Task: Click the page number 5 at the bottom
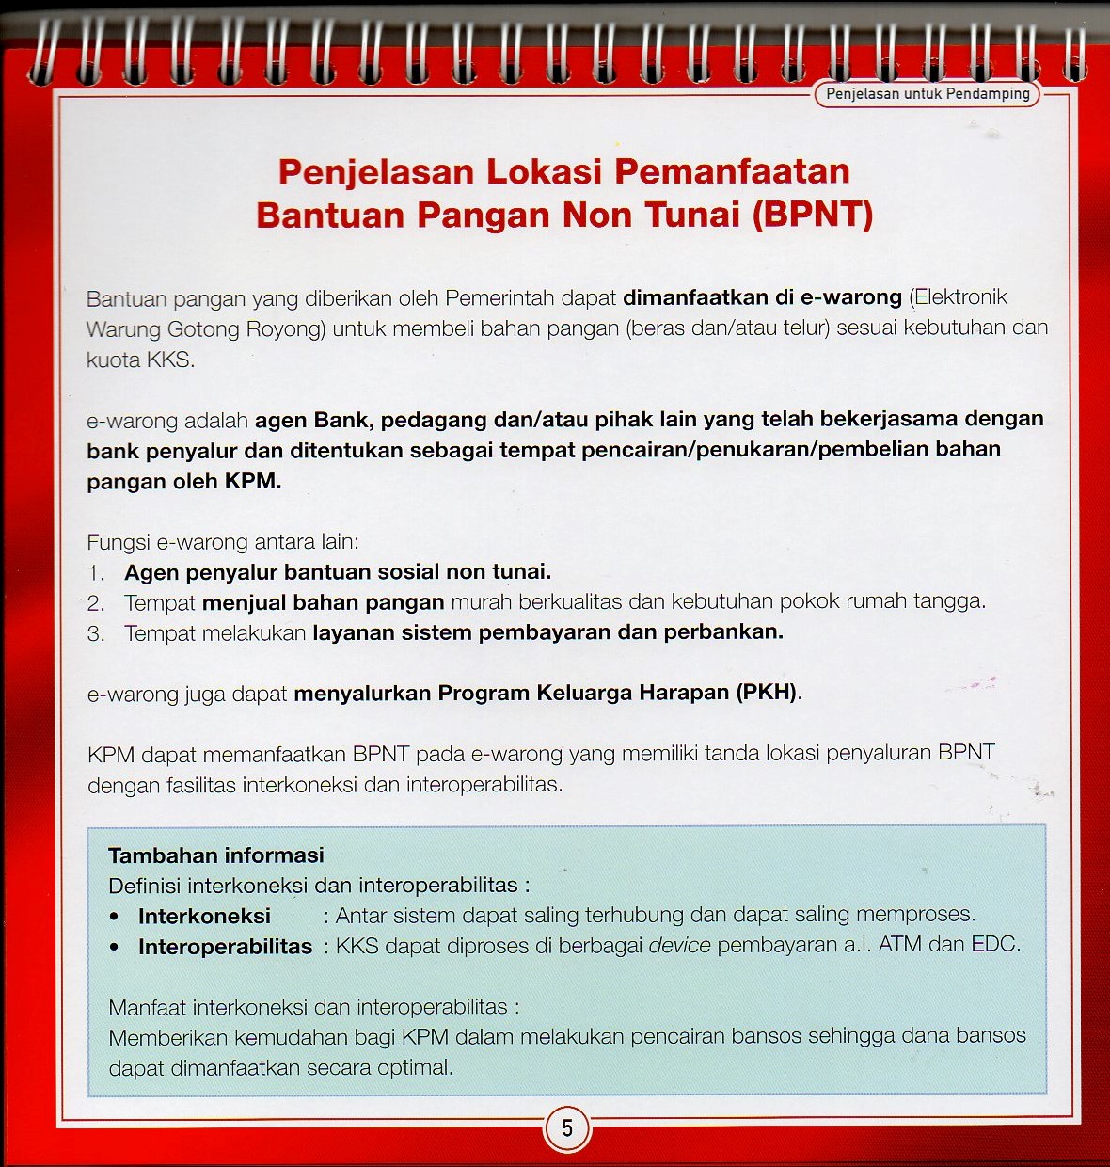567,1127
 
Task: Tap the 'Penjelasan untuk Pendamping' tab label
928,94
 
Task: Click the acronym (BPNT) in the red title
813,216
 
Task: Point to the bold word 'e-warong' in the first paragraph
851,297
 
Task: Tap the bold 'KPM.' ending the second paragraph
253,481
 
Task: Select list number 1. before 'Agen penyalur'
96,572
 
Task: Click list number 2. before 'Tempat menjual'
96,602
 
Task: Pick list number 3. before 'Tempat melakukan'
96,633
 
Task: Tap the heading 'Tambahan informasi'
215,855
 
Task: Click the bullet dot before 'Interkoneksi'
115,917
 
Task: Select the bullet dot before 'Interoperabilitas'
115,947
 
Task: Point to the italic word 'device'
679,945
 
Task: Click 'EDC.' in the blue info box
995,944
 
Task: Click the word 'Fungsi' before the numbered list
119,542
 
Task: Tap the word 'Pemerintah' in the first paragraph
499,298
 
